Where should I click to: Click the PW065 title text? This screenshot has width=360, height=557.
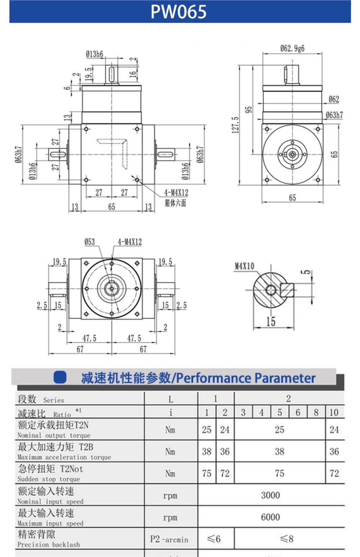pos(179,12)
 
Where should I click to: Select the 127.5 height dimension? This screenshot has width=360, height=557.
pos(235,124)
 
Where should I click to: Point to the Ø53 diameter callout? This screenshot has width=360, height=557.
pos(89,242)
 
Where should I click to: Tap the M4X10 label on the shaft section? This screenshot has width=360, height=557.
pos(244,266)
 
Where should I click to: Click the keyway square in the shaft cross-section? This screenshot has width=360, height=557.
pos(288,289)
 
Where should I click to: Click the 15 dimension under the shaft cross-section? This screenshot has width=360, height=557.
pos(271,321)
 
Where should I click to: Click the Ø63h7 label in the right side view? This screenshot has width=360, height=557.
pos(334,115)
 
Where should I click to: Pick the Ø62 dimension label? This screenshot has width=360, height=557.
pos(334,99)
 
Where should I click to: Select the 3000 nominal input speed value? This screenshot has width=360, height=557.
pos(270,495)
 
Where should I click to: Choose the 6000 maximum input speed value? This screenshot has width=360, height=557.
pos(270,517)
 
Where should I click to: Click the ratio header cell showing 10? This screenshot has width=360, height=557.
pos(334,413)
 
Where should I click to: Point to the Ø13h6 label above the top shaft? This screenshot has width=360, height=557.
pos(95,54)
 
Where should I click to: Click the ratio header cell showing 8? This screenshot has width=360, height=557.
pos(316,413)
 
